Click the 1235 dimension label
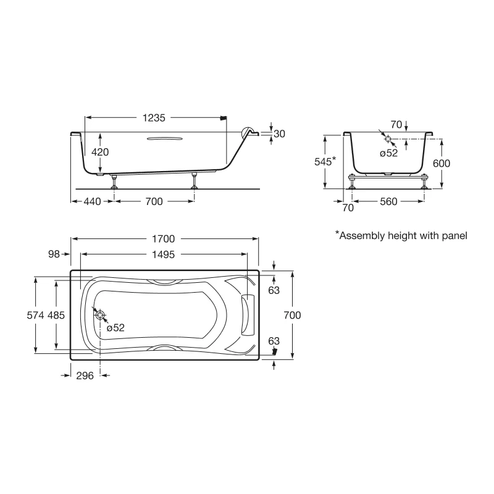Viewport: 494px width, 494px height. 154,118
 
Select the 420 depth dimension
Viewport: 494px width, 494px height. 100,152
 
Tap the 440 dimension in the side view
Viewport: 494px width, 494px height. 92,201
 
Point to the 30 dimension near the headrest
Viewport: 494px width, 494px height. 279,134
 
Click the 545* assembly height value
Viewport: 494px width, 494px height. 325,161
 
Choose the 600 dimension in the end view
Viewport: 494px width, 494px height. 442,163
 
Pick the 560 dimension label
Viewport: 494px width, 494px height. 388,201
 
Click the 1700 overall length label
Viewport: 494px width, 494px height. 163,239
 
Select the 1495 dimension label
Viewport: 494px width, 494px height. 163,254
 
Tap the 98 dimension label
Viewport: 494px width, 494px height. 54,254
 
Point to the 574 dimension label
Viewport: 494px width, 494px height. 35,315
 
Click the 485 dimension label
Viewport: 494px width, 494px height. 56,315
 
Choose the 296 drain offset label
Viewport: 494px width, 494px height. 85,375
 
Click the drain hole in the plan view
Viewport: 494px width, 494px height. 100,315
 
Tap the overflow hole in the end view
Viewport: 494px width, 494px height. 388,138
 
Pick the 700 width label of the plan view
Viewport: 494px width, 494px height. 292,315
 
